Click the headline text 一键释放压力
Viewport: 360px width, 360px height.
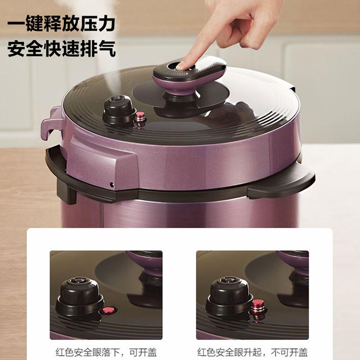tap(61, 23)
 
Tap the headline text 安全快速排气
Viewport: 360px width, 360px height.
tap(62, 49)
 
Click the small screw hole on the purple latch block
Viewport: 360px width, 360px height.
tap(112, 184)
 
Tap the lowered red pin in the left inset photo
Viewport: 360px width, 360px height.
tap(108, 310)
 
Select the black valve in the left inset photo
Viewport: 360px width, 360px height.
tap(79, 296)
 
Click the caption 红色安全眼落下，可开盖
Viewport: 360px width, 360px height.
tap(106, 352)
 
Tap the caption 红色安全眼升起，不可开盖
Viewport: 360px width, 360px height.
tap(252, 352)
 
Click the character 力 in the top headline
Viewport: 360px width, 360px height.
tap(106, 23)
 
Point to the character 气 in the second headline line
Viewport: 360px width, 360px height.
tap(107, 49)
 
